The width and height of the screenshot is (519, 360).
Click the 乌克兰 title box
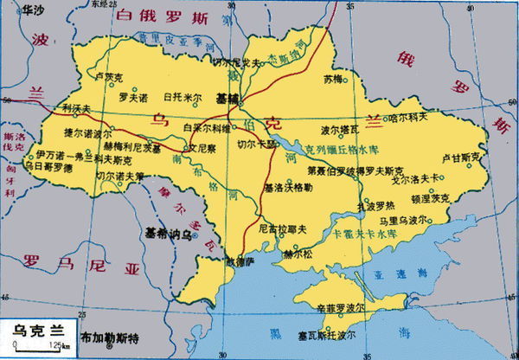(34, 329)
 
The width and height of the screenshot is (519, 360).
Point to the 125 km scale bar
(39, 346)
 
